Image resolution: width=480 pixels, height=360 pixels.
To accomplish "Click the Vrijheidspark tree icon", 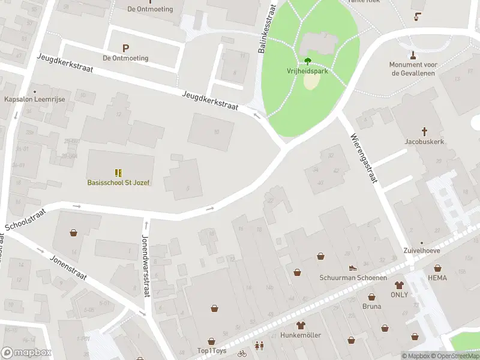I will [308, 61].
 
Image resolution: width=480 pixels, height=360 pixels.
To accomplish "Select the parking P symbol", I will [125, 48].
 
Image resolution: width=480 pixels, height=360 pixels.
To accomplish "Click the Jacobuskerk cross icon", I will [424, 131].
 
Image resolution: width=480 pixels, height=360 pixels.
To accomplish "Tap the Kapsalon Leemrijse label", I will [34, 99].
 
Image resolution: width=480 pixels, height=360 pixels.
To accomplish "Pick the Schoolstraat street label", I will [25, 220].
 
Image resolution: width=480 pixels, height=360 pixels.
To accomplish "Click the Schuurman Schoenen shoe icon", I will [353, 268].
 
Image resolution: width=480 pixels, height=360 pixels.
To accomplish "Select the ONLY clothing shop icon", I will [399, 285].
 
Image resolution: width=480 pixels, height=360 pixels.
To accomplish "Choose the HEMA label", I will [437, 278].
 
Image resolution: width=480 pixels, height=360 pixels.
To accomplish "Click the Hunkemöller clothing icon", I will [301, 325].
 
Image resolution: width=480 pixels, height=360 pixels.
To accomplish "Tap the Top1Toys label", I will [212, 350].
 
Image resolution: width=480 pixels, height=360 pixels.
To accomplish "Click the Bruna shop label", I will [371, 306].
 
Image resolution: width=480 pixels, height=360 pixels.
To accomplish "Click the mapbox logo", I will [26, 353].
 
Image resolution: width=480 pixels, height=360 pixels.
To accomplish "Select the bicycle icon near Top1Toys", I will [242, 353].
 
